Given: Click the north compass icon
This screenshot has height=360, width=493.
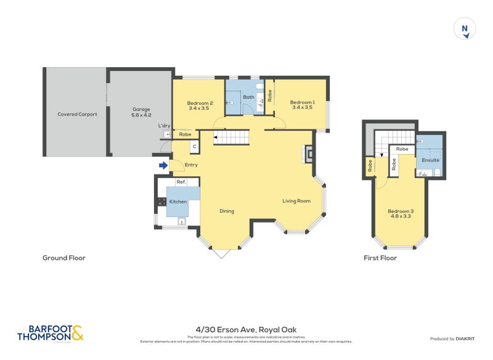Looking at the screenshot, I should coord(465,29).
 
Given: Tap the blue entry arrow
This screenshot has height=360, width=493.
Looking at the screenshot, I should coord(163,165).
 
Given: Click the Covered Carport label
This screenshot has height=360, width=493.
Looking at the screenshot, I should coord(77,114).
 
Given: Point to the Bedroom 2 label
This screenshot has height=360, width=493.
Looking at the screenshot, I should coord(200,105).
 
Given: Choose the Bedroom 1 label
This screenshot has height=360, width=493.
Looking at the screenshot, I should coord(302,105).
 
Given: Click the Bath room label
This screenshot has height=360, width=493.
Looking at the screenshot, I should coord(248,97).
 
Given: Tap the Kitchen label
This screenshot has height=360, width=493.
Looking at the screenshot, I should coord(178,202).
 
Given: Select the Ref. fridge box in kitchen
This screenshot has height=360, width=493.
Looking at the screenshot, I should coord(181,182).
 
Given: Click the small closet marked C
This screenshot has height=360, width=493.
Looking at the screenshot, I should coord(194,147).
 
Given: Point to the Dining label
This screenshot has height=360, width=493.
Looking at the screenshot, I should coord(227,211).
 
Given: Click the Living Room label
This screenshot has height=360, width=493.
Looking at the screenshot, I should coord(296,201).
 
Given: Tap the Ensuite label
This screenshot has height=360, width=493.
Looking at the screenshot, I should coord(430,160).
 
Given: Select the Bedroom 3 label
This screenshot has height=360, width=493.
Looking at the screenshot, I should coord(400,214).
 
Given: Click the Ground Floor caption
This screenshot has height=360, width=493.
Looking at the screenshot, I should coord(63,258).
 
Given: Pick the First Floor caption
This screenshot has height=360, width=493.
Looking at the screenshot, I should coord(380,258).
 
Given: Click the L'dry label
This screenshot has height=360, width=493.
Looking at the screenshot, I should coord(164,126).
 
